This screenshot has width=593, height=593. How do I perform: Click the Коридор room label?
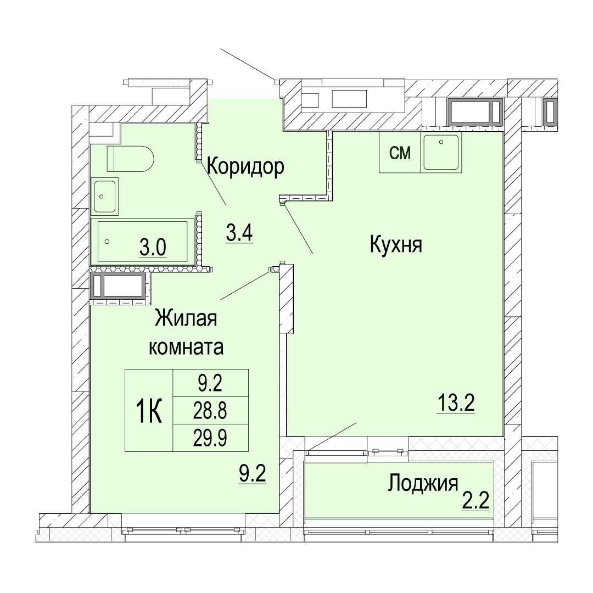[245, 167]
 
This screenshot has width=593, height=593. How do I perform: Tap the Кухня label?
[395, 244]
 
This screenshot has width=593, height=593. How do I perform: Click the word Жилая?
[186, 318]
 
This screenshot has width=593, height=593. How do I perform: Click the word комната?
[186, 347]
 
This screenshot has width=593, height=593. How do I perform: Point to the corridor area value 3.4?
[239, 233]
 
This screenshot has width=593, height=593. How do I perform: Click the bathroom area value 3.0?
[153, 248]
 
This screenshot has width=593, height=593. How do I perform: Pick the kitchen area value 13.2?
[456, 403]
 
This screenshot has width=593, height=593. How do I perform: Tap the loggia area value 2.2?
[475, 501]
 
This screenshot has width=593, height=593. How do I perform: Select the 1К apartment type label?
[149, 411]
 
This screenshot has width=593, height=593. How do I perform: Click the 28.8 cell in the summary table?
[210, 411]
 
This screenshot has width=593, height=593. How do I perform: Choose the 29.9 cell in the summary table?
[210, 438]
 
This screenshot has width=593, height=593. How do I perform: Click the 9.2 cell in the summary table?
[210, 383]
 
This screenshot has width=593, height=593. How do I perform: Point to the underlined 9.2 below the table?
[253, 474]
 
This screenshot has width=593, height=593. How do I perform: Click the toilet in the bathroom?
[131, 159]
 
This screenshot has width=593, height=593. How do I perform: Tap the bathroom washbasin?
[104, 196]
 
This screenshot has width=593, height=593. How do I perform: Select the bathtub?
[143, 241]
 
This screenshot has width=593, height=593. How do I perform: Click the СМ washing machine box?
[400, 153]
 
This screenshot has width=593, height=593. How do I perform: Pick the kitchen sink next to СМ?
[441, 153]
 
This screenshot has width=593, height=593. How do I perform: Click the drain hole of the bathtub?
[107, 241]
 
